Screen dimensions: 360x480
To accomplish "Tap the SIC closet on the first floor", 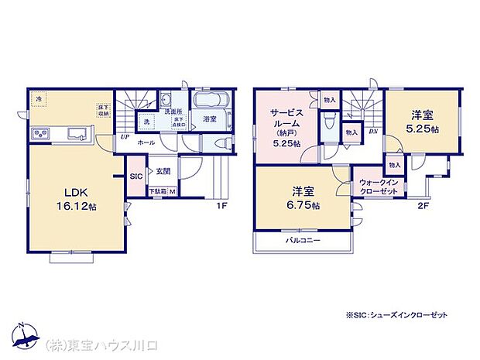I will coord(135,176).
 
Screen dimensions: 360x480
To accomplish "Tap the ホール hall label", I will coord(146,143).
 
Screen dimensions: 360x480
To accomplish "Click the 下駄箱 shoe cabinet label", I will coord(157,190).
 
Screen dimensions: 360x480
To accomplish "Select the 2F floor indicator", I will coord(423,205).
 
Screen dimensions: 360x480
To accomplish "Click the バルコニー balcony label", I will coord(302,242).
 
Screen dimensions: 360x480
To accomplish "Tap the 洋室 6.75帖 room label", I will coord(302,197).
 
